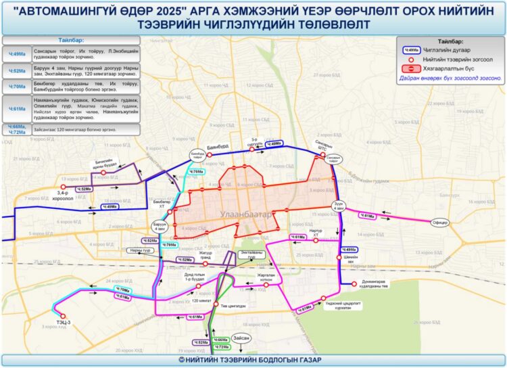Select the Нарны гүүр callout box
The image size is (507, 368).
[133, 251]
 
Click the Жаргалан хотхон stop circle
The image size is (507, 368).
[266, 285]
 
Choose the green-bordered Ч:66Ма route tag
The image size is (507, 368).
[220, 340]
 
